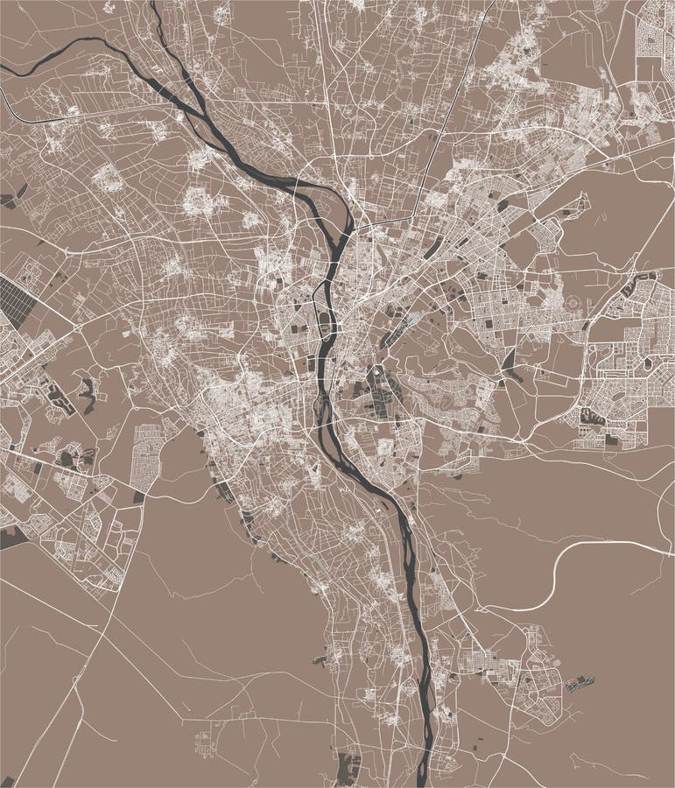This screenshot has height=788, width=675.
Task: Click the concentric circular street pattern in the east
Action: point(573,303)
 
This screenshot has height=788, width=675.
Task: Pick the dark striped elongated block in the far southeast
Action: point(580,684)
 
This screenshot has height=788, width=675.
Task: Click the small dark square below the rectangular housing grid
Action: point(139,496)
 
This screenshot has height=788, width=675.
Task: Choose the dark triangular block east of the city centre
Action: point(509,360)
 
